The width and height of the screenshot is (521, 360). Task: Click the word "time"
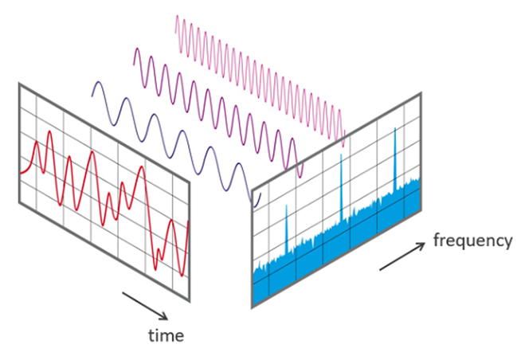(x=166, y=335)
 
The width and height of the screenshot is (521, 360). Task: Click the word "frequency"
(x=473, y=241)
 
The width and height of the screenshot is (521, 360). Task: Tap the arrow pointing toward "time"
(x=145, y=306)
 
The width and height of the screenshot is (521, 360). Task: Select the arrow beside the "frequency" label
(x=402, y=256)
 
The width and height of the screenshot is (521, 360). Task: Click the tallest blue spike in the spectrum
(x=395, y=159)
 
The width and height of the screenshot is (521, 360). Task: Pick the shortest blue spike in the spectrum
(x=287, y=229)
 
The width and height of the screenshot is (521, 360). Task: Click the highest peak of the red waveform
(x=50, y=131)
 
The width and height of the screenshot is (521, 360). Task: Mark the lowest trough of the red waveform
(x=182, y=276)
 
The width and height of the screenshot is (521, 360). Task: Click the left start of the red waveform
(x=21, y=173)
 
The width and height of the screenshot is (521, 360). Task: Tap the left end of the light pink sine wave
(x=175, y=33)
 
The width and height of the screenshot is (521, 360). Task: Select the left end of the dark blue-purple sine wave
(x=92, y=96)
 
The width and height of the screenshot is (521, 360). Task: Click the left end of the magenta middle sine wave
(x=134, y=65)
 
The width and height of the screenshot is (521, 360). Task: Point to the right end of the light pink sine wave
(x=345, y=131)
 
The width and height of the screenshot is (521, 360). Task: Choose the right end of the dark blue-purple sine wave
(x=260, y=194)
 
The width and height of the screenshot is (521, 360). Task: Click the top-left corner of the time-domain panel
(x=19, y=84)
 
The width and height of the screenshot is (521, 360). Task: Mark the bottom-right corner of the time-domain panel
(x=190, y=302)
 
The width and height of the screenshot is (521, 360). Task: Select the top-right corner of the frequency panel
(x=421, y=93)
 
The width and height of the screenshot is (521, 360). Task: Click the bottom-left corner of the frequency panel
(x=252, y=307)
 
